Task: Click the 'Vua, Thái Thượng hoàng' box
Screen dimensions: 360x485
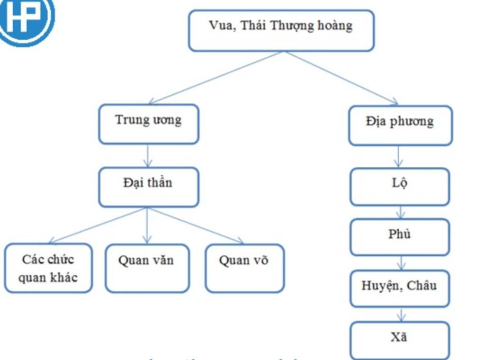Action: point(281,30)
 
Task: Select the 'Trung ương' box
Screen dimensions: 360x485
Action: point(148,124)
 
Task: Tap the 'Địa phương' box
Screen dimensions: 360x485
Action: point(400,126)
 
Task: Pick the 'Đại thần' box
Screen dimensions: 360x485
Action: point(148,187)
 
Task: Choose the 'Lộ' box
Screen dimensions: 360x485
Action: point(400,187)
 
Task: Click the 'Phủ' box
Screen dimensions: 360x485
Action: point(400,237)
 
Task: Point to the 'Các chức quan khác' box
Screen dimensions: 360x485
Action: point(48,268)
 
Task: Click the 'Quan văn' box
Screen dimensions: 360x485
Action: point(147,268)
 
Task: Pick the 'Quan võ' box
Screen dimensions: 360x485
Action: point(244,268)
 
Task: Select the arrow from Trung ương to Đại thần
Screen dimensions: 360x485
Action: point(147,156)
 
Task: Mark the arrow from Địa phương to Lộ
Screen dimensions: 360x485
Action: point(399,157)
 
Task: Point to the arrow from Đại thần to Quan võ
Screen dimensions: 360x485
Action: point(197,226)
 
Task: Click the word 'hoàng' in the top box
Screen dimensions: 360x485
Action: point(336,27)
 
